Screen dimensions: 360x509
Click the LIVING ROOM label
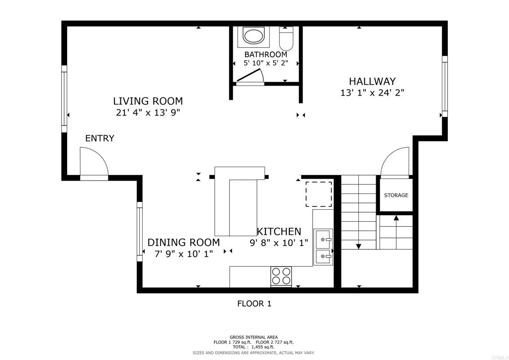click(x=148, y=101)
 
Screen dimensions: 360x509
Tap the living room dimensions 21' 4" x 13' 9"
click(x=148, y=112)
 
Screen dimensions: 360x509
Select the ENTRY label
click(x=99, y=138)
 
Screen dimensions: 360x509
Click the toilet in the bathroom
click(x=287, y=37)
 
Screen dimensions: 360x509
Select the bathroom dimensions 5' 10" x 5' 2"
click(x=265, y=63)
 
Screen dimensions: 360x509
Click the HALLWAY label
click(x=372, y=81)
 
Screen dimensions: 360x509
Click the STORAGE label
click(x=396, y=195)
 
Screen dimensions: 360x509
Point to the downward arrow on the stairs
click(x=358, y=246)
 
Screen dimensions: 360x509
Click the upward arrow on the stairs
click(x=396, y=217)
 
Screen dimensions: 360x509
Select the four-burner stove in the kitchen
click(x=281, y=276)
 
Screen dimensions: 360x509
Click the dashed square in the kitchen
click(x=319, y=194)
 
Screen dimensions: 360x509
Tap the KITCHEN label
click(x=279, y=231)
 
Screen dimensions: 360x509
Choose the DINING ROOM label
click(x=183, y=243)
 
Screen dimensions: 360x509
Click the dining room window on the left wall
click(x=140, y=231)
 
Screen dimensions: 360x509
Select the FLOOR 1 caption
click(x=254, y=303)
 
